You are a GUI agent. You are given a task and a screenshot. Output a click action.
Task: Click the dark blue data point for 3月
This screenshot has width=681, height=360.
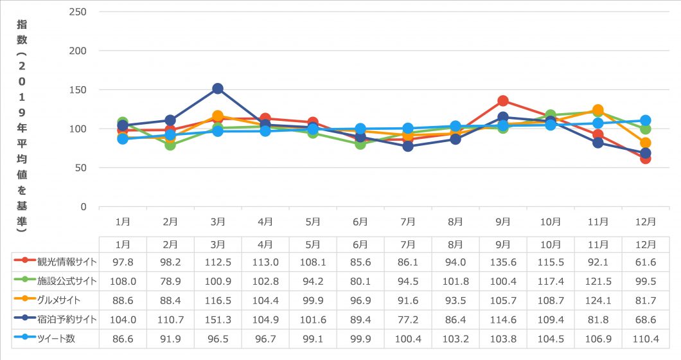coord(218,89)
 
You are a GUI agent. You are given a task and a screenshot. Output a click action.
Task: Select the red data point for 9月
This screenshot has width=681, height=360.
coord(503,101)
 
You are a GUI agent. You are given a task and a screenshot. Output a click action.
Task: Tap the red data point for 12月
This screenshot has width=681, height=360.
coord(646,158)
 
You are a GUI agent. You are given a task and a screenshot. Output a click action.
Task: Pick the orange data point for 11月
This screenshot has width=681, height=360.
coord(598,110)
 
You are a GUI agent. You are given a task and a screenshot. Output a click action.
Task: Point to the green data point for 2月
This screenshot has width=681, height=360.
coord(170,145)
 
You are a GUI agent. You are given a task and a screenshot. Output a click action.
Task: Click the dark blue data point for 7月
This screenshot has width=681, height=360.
coord(408,147)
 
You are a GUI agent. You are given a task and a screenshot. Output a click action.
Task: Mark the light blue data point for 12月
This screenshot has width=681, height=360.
coord(646,120)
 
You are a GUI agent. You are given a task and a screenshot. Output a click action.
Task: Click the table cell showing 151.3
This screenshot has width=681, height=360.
coord(218,319)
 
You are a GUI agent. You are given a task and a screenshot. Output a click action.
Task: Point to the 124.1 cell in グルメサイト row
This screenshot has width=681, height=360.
coord(598,300)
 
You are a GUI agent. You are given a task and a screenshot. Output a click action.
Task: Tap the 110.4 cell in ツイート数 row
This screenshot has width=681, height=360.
coord(646,339)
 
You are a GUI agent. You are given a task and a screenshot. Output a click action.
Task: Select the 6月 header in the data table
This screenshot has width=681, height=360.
coord(360,244)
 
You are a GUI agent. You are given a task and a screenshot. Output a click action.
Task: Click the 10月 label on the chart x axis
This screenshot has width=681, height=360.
coord(551,221)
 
